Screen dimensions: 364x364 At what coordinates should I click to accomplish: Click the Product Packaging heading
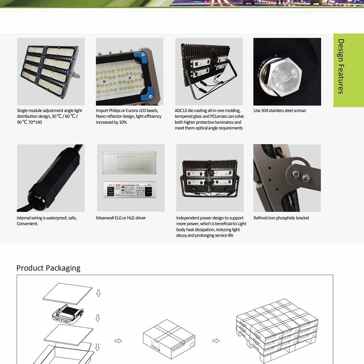point(48,268)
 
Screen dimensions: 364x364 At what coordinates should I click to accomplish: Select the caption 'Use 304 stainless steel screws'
point(279,110)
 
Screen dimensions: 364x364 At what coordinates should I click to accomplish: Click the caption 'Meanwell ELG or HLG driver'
point(121,218)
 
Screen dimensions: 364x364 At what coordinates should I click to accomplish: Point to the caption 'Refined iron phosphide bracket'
point(281,218)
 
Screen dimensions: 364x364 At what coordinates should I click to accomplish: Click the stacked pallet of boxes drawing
point(277,328)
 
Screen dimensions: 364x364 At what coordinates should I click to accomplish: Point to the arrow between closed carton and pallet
point(216,341)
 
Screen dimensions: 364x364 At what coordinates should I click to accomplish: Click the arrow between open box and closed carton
point(118,341)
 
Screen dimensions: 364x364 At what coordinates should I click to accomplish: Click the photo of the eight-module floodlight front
point(51,72)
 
